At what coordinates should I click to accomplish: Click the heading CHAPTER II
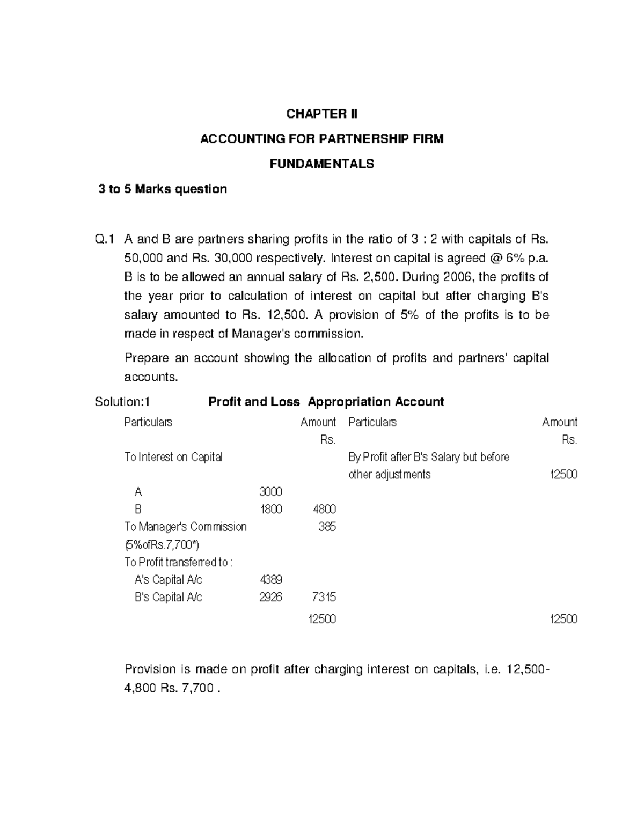[x=321, y=114]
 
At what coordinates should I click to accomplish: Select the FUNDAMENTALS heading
[x=321, y=164]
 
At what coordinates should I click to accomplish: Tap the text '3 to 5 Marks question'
[x=163, y=189]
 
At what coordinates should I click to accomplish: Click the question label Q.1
[x=105, y=239]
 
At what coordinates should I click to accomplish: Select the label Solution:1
[x=122, y=402]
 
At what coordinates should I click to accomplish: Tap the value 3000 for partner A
[x=270, y=492]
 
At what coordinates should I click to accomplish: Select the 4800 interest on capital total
[x=324, y=509]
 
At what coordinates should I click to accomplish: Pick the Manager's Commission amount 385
[x=327, y=527]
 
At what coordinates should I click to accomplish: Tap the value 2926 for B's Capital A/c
[x=270, y=597]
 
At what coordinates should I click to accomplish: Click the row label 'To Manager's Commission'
[x=185, y=527]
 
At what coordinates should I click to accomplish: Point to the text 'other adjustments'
[x=389, y=475]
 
